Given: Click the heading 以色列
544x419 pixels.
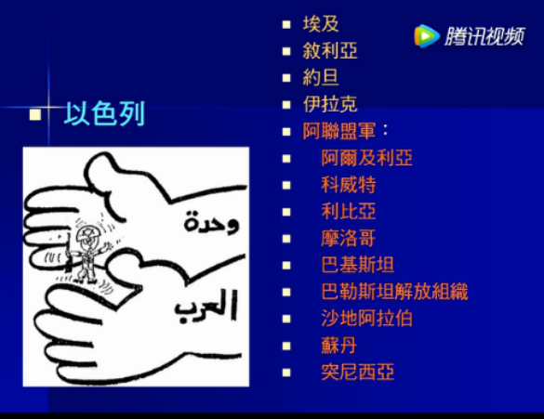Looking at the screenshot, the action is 104,113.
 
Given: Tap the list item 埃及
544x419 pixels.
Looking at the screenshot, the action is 321,24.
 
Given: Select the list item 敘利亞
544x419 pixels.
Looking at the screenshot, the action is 330,50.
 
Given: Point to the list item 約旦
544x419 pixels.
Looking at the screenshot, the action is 321,77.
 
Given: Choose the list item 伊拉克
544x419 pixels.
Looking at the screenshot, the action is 330,104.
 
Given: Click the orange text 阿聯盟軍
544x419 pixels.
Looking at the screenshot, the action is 339,131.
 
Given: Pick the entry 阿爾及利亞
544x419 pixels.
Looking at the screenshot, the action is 366,158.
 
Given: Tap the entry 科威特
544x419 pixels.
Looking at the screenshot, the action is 349,184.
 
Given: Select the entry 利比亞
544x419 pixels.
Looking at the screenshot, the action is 349,211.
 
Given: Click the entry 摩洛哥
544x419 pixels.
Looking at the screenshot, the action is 349,238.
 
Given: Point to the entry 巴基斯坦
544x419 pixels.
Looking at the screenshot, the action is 358,265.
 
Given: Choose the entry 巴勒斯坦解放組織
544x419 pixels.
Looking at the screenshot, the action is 394,292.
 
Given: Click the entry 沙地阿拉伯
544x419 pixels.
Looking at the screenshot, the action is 366,318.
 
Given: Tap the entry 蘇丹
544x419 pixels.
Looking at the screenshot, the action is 339,346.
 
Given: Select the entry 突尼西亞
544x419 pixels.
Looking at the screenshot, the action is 358,372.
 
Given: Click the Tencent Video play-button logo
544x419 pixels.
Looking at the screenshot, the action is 427,35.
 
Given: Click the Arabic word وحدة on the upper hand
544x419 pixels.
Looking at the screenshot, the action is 211,223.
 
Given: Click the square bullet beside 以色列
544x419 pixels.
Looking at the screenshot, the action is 35,114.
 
